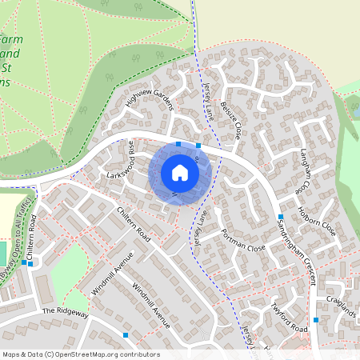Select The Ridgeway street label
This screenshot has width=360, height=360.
pyautogui.click(x=65, y=310)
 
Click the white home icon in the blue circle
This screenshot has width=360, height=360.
pyautogui.click(x=180, y=172)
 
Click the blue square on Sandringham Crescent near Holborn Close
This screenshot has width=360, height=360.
pyautogui.click(x=281, y=217)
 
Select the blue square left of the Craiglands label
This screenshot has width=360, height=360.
pyautogui.click(x=316, y=320)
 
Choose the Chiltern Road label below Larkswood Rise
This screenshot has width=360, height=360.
pyautogui.click(x=134, y=223)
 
